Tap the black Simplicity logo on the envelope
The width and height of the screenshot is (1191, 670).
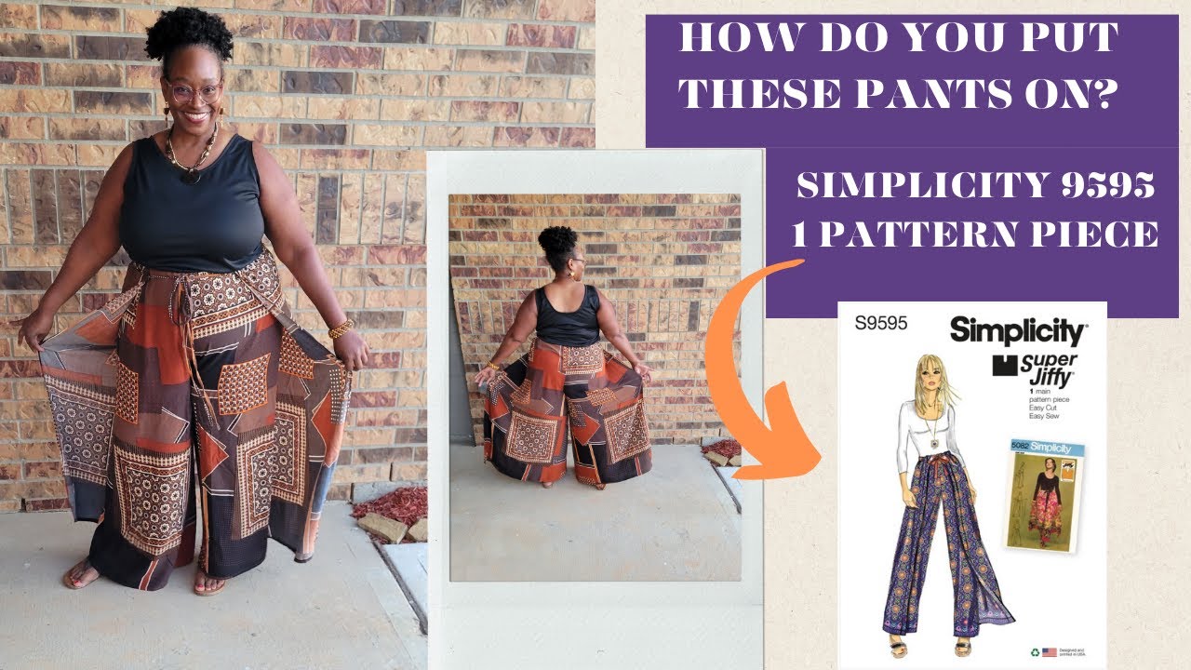[1016, 331]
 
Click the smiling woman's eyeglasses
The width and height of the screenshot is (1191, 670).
[194, 92]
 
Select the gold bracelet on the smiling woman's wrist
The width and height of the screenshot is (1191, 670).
[341, 328]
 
